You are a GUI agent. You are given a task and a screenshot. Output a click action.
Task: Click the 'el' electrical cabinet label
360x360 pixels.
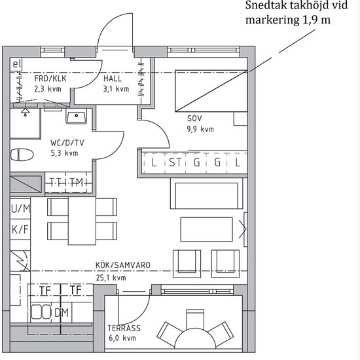pos(16,64)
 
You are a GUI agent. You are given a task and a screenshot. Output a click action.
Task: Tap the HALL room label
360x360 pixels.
pos(113,79)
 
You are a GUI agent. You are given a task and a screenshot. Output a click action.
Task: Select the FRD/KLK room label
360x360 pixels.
pos(50,79)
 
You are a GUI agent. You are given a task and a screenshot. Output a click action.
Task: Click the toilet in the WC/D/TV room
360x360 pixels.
pos(22,154)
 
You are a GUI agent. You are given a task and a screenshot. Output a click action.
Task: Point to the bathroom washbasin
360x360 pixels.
pos(76,116)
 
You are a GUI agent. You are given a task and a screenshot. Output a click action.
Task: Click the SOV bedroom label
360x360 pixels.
pos(194,118)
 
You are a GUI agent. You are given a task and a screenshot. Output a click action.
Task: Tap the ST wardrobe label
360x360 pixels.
pos(175,162)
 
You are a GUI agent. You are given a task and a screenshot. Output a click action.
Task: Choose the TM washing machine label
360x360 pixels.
pos(77,182)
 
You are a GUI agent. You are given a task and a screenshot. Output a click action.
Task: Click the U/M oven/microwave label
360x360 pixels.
pos(21,209)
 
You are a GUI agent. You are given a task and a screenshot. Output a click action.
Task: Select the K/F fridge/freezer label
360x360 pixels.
pos(20,229)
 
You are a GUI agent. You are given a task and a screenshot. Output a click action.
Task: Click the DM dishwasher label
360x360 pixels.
pos(62,312)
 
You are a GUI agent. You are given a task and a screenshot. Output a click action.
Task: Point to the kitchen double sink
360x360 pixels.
pos(41,312)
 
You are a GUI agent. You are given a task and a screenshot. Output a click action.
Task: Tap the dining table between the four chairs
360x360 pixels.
pos(82,221)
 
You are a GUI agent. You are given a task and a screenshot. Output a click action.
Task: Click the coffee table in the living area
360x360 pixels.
pos(206,229)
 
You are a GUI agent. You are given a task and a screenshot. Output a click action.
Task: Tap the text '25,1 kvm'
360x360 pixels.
pos(111,278)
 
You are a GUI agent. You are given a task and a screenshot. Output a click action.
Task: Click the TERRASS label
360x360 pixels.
pos(124,328)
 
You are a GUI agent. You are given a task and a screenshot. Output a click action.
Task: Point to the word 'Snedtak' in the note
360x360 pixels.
pos(264,5)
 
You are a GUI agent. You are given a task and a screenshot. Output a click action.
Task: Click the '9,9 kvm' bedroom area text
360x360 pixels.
pos(200,129)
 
